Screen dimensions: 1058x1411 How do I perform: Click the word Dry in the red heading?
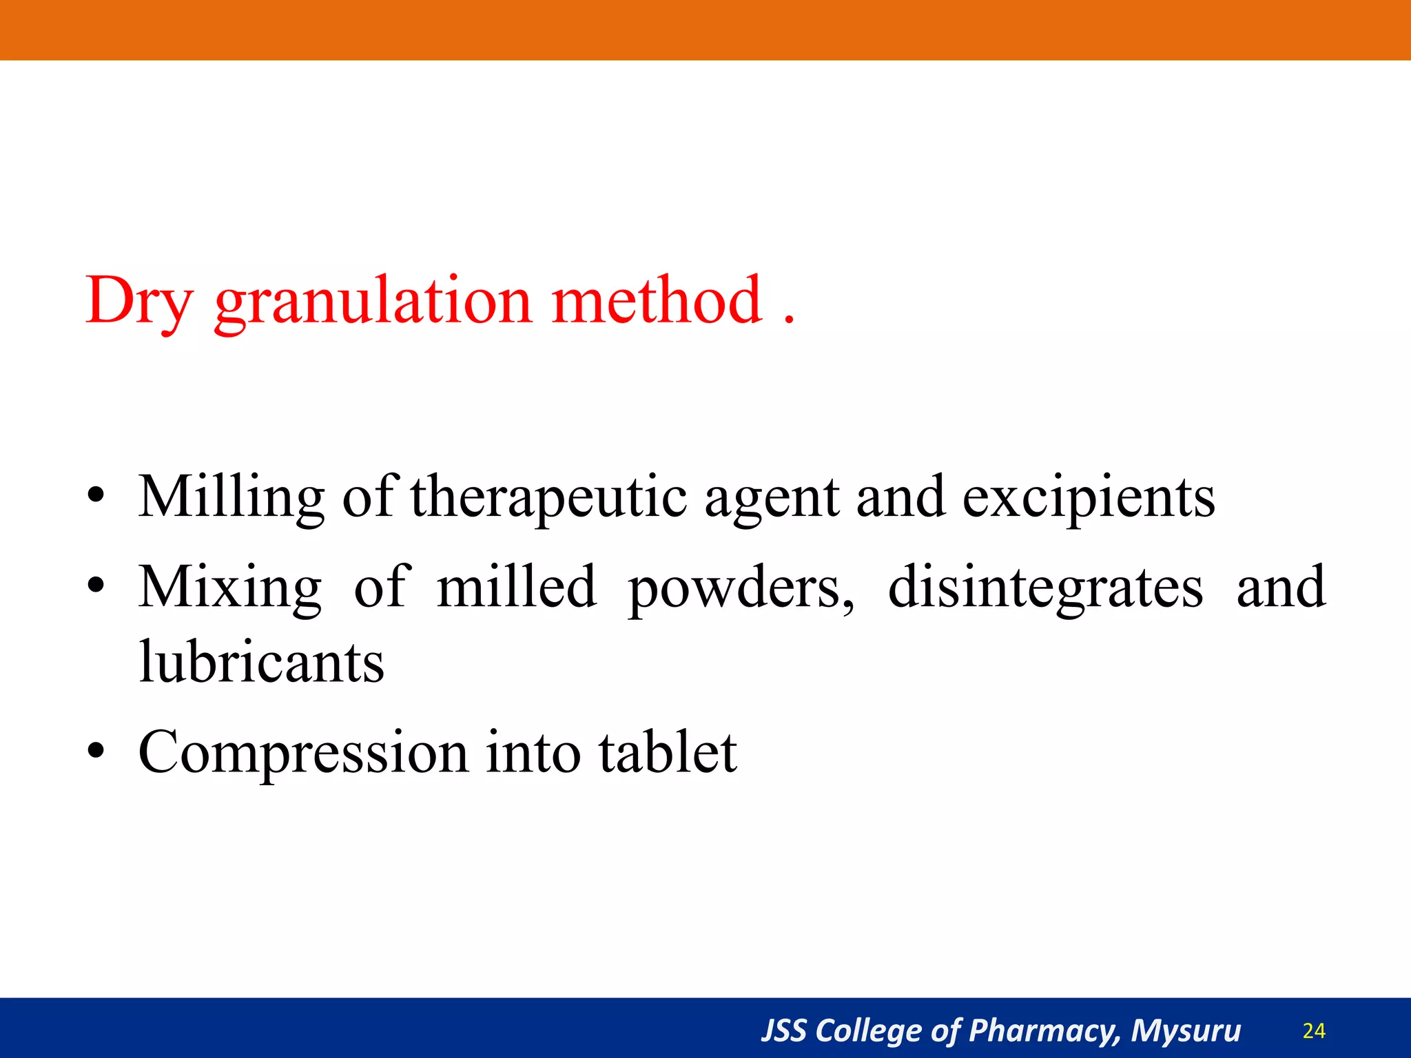(x=138, y=301)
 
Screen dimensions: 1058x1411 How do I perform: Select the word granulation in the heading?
(x=373, y=301)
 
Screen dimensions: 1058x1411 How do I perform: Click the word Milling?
(x=231, y=497)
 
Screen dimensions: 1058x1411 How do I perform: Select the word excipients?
(x=1089, y=497)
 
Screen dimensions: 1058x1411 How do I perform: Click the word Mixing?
(x=229, y=588)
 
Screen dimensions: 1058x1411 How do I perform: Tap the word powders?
(x=741, y=588)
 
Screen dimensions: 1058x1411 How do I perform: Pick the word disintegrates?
(x=1045, y=588)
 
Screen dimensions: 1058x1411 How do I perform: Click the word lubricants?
(x=261, y=662)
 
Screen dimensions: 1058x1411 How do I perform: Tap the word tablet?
(x=668, y=751)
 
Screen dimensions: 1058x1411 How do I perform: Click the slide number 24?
(x=1314, y=1031)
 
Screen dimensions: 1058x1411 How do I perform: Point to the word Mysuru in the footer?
(x=1186, y=1031)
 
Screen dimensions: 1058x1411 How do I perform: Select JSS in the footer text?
(x=783, y=1031)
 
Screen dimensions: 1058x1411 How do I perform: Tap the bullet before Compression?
(x=96, y=751)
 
